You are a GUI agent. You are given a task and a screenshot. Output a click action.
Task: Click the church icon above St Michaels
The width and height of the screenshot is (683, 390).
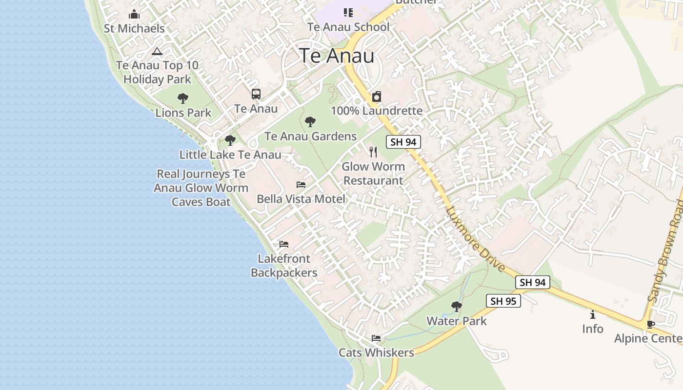tap(134, 14)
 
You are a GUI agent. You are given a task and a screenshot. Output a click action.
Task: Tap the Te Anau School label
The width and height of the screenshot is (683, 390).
tap(348, 27)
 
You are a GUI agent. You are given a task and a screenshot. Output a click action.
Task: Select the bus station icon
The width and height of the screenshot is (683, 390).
tap(256, 94)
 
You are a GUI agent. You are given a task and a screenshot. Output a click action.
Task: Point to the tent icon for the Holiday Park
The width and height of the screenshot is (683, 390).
tap(157, 51)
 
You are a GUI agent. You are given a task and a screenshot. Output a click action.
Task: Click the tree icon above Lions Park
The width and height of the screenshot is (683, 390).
tap(183, 98)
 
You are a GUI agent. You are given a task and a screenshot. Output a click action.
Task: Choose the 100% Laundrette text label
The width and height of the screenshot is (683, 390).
tap(377, 111)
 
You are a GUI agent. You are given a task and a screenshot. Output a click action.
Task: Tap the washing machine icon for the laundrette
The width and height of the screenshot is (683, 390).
tap(377, 97)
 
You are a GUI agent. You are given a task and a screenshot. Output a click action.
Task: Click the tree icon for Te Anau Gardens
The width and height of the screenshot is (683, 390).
tap(310, 122)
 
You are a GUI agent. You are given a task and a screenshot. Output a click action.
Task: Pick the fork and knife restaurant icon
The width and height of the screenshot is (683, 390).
tap(373, 152)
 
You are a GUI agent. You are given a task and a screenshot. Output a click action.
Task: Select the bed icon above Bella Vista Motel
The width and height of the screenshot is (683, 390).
tap(301, 185)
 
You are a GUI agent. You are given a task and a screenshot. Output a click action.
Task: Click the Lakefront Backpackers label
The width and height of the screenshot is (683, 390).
tap(284, 266)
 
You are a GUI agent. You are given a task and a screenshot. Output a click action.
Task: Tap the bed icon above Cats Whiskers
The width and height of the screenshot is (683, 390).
tap(376, 338)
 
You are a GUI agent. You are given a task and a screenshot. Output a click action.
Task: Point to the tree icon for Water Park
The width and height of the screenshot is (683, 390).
tap(457, 307)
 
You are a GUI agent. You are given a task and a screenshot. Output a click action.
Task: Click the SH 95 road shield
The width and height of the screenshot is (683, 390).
tap(503, 301)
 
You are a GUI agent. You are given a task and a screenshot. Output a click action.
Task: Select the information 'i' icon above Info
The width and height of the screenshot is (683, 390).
tap(593, 315)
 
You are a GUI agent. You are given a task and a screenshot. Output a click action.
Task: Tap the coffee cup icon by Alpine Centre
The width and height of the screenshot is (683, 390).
tap(650, 324)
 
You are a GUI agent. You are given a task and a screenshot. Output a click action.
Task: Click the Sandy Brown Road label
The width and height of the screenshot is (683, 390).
tap(665, 251)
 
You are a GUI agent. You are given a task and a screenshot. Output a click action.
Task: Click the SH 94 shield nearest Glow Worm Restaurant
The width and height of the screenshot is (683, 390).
tap(403, 142)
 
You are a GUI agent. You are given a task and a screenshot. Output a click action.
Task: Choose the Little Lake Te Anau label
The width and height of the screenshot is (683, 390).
tap(230, 155)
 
